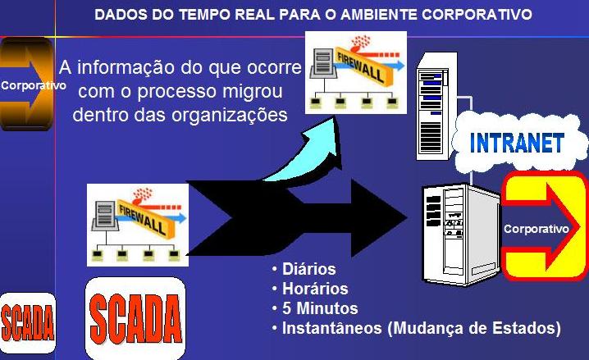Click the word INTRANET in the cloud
pyautogui.click(x=517, y=144)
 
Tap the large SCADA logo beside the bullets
pyautogui.click(x=135, y=315)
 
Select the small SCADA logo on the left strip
pyautogui.click(x=27, y=326)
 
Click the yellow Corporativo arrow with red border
pyautogui.click(x=542, y=227)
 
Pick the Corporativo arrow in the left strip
pyautogui.click(x=26, y=84)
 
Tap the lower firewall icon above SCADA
pyautogui.click(x=137, y=220)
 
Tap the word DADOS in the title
pyautogui.click(x=118, y=14)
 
